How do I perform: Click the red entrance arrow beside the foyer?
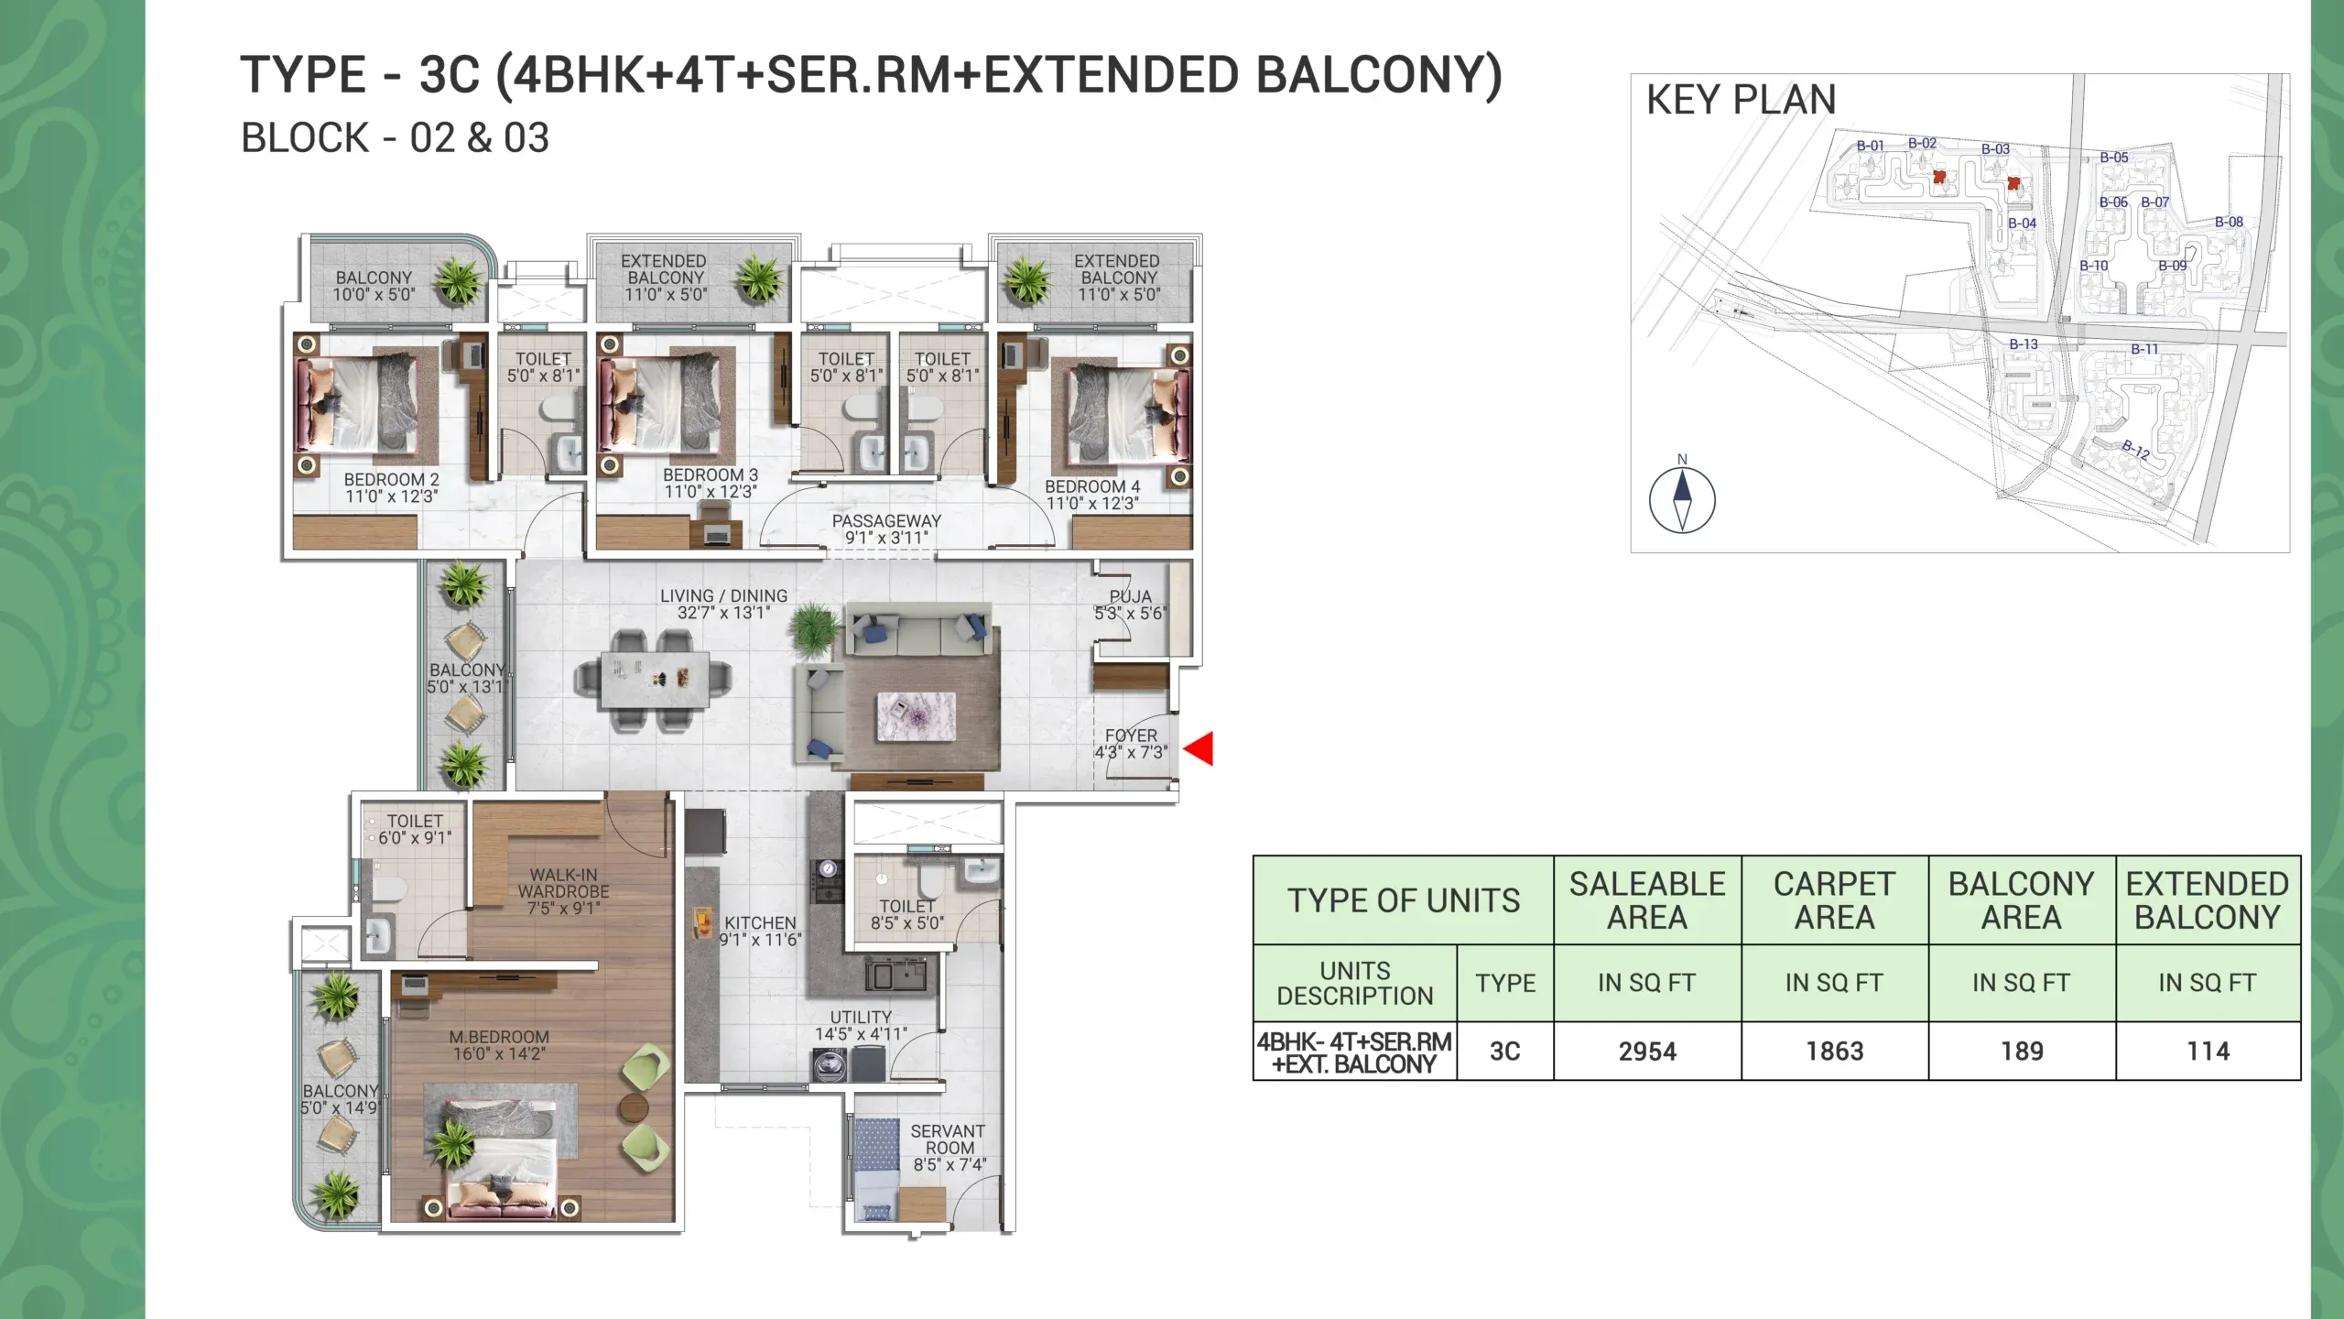(x=1199, y=748)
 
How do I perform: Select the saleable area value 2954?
(x=1647, y=1052)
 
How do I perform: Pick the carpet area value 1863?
(x=1834, y=1052)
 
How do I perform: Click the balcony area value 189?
(x=2022, y=1052)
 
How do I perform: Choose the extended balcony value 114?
(x=2208, y=1052)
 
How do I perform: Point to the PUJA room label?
(x=1131, y=596)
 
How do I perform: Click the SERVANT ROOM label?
(x=949, y=1139)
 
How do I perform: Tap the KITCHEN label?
(x=760, y=923)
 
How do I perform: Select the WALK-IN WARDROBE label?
(x=563, y=883)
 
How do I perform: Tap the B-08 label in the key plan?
(x=2229, y=222)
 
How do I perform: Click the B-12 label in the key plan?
(x=2136, y=449)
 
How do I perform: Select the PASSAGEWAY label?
(x=886, y=520)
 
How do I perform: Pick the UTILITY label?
(x=861, y=1018)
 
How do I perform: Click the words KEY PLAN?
(x=1741, y=100)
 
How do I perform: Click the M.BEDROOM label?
(x=499, y=1037)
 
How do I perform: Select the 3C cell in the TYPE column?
(x=1505, y=1052)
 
